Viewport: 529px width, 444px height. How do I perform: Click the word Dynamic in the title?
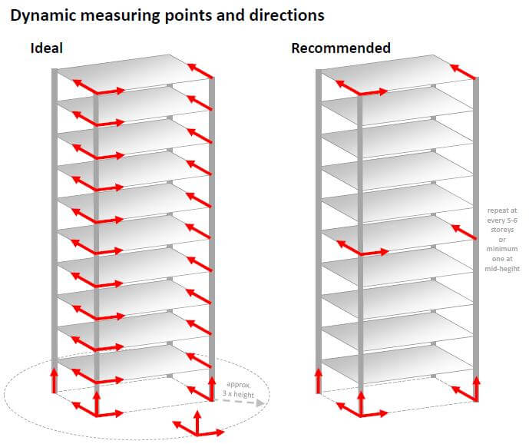click(43, 15)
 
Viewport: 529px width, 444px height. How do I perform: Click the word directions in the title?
click(284, 15)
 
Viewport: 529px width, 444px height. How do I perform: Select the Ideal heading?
click(46, 48)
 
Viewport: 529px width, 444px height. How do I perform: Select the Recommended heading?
click(341, 48)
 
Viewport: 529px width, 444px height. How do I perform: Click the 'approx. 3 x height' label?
click(239, 388)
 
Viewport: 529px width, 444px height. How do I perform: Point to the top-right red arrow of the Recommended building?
click(463, 71)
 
